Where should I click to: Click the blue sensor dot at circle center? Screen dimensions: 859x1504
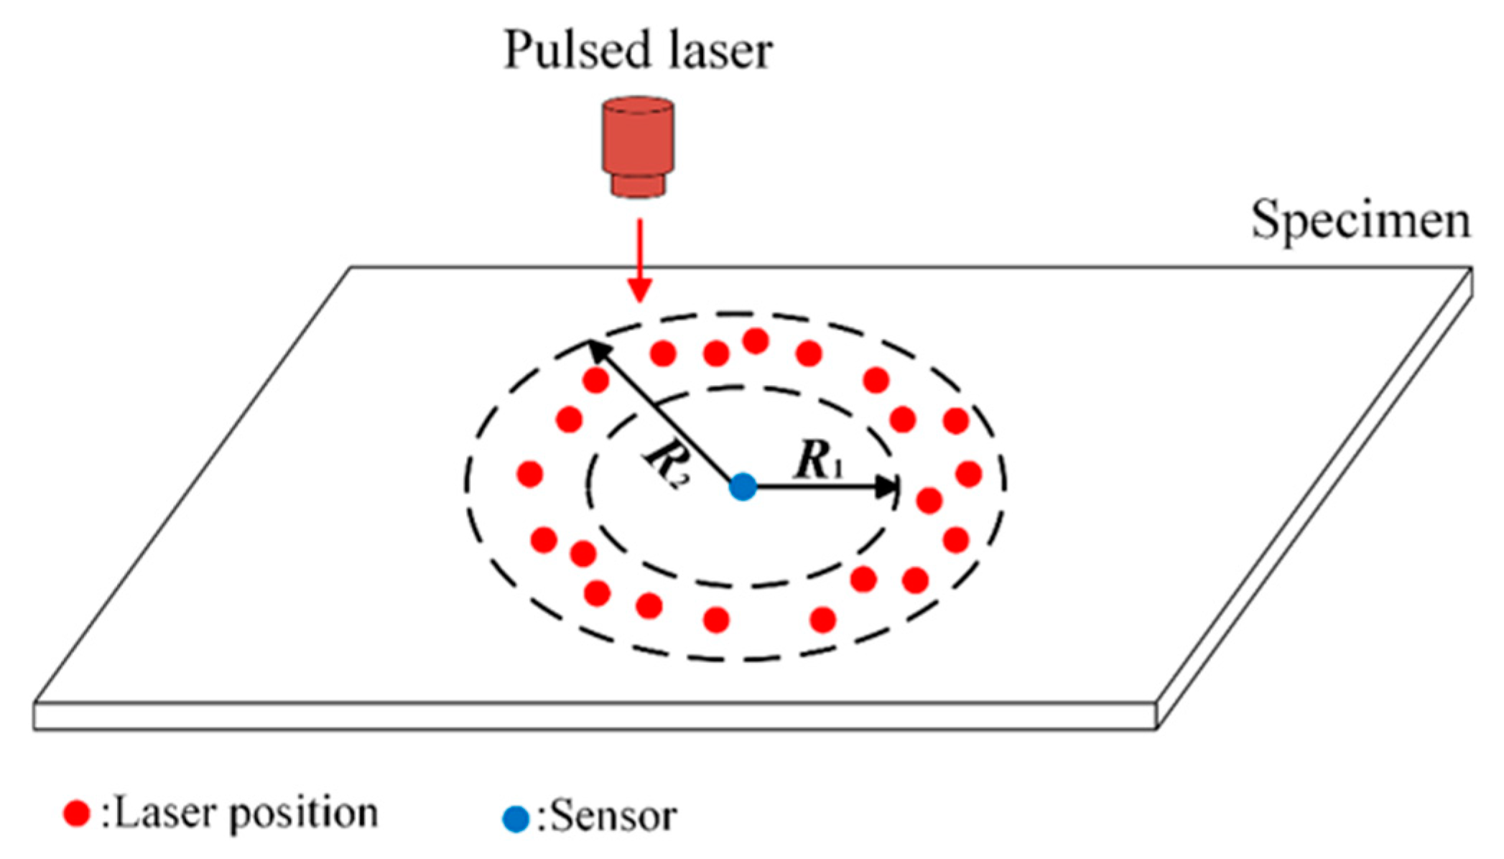(743, 486)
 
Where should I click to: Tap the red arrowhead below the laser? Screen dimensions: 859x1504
(639, 289)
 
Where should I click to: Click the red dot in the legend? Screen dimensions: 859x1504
(76, 813)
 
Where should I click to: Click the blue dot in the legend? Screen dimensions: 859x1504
(515, 819)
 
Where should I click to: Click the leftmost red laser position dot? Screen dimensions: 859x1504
(529, 474)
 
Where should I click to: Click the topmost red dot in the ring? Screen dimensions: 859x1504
(756, 340)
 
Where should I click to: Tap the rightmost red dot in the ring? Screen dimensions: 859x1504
(968, 474)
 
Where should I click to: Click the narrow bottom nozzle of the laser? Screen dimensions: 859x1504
(637, 185)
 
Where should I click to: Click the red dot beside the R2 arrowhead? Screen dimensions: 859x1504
(595, 380)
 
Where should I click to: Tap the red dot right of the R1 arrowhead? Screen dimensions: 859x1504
(929, 501)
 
